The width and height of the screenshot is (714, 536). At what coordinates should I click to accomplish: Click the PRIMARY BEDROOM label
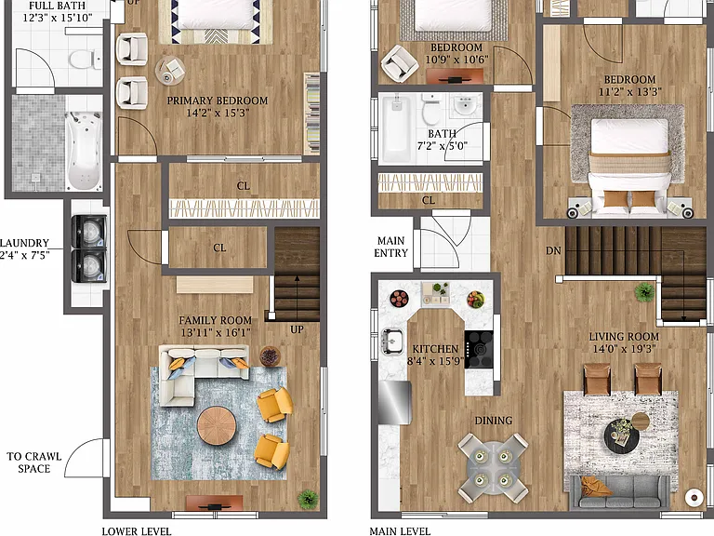(x=218, y=100)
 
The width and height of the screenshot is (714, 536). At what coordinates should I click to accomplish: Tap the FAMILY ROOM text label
(x=216, y=320)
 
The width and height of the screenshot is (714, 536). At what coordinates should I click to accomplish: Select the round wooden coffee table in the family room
(x=217, y=425)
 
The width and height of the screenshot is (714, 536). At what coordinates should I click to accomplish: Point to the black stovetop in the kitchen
(x=479, y=349)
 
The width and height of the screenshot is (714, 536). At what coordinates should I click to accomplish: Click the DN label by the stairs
(x=553, y=250)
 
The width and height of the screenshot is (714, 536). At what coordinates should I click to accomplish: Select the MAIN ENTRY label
(x=390, y=247)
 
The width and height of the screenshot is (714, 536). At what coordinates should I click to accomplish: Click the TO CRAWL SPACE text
(x=34, y=462)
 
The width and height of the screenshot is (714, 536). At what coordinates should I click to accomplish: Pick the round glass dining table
(x=493, y=468)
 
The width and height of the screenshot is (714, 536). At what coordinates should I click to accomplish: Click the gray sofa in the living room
(x=620, y=491)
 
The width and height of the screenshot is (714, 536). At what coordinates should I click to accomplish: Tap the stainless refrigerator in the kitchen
(x=395, y=402)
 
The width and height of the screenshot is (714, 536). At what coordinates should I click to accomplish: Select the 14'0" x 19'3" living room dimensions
(x=624, y=349)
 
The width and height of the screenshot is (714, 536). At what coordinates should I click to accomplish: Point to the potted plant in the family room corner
(x=309, y=498)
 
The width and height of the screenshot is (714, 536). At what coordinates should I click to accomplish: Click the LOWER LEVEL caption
(x=137, y=531)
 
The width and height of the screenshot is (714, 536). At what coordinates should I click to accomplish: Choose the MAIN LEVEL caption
(x=400, y=531)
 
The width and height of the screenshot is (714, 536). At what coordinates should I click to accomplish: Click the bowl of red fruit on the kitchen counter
(x=400, y=299)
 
